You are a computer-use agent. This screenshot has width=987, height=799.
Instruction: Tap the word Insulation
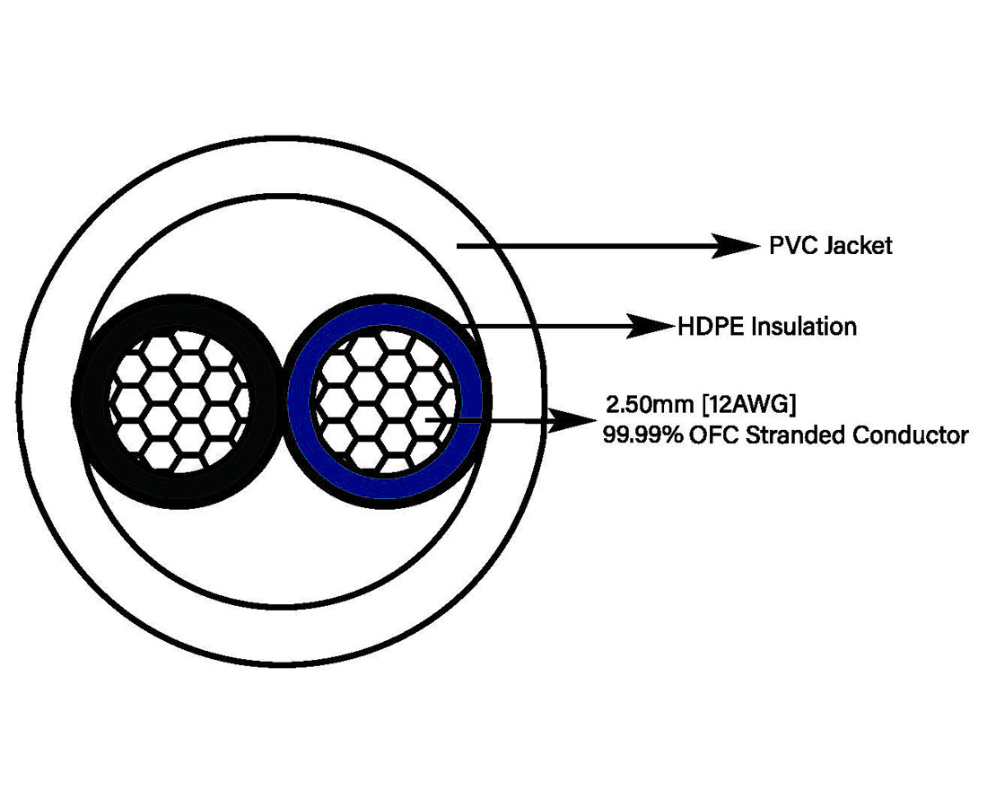[x=805, y=327]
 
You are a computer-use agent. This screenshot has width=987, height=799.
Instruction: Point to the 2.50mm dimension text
[x=650, y=404]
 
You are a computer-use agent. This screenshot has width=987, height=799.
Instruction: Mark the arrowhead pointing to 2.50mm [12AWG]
[x=572, y=420]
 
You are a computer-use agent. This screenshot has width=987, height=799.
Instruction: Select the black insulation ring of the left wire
[x=176, y=400]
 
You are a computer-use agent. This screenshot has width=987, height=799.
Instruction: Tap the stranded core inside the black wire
[x=179, y=401]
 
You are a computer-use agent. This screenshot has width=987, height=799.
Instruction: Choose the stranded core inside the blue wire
[x=384, y=400]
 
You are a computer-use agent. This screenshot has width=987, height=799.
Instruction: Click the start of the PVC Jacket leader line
[x=458, y=246]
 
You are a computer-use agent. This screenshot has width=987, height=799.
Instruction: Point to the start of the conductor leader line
[x=427, y=419]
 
